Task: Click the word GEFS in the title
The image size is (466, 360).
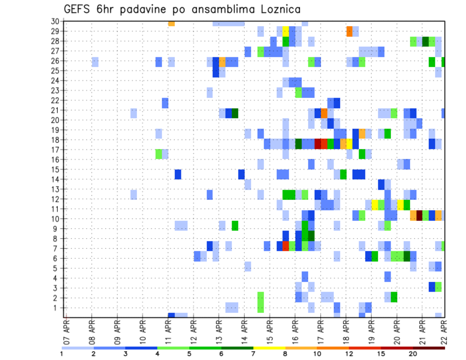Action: click(x=79, y=10)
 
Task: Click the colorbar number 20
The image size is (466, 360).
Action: click(x=413, y=354)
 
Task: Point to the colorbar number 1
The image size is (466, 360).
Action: click(x=62, y=354)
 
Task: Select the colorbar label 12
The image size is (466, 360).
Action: click(x=349, y=354)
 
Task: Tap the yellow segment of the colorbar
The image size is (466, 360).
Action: click(x=269, y=348)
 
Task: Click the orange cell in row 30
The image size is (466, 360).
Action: click(x=171, y=23)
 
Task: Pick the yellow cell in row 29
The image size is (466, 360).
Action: click(x=285, y=32)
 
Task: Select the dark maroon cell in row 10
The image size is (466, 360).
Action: click(x=419, y=215)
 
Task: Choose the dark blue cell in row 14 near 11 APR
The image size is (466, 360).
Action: click(x=178, y=174)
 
